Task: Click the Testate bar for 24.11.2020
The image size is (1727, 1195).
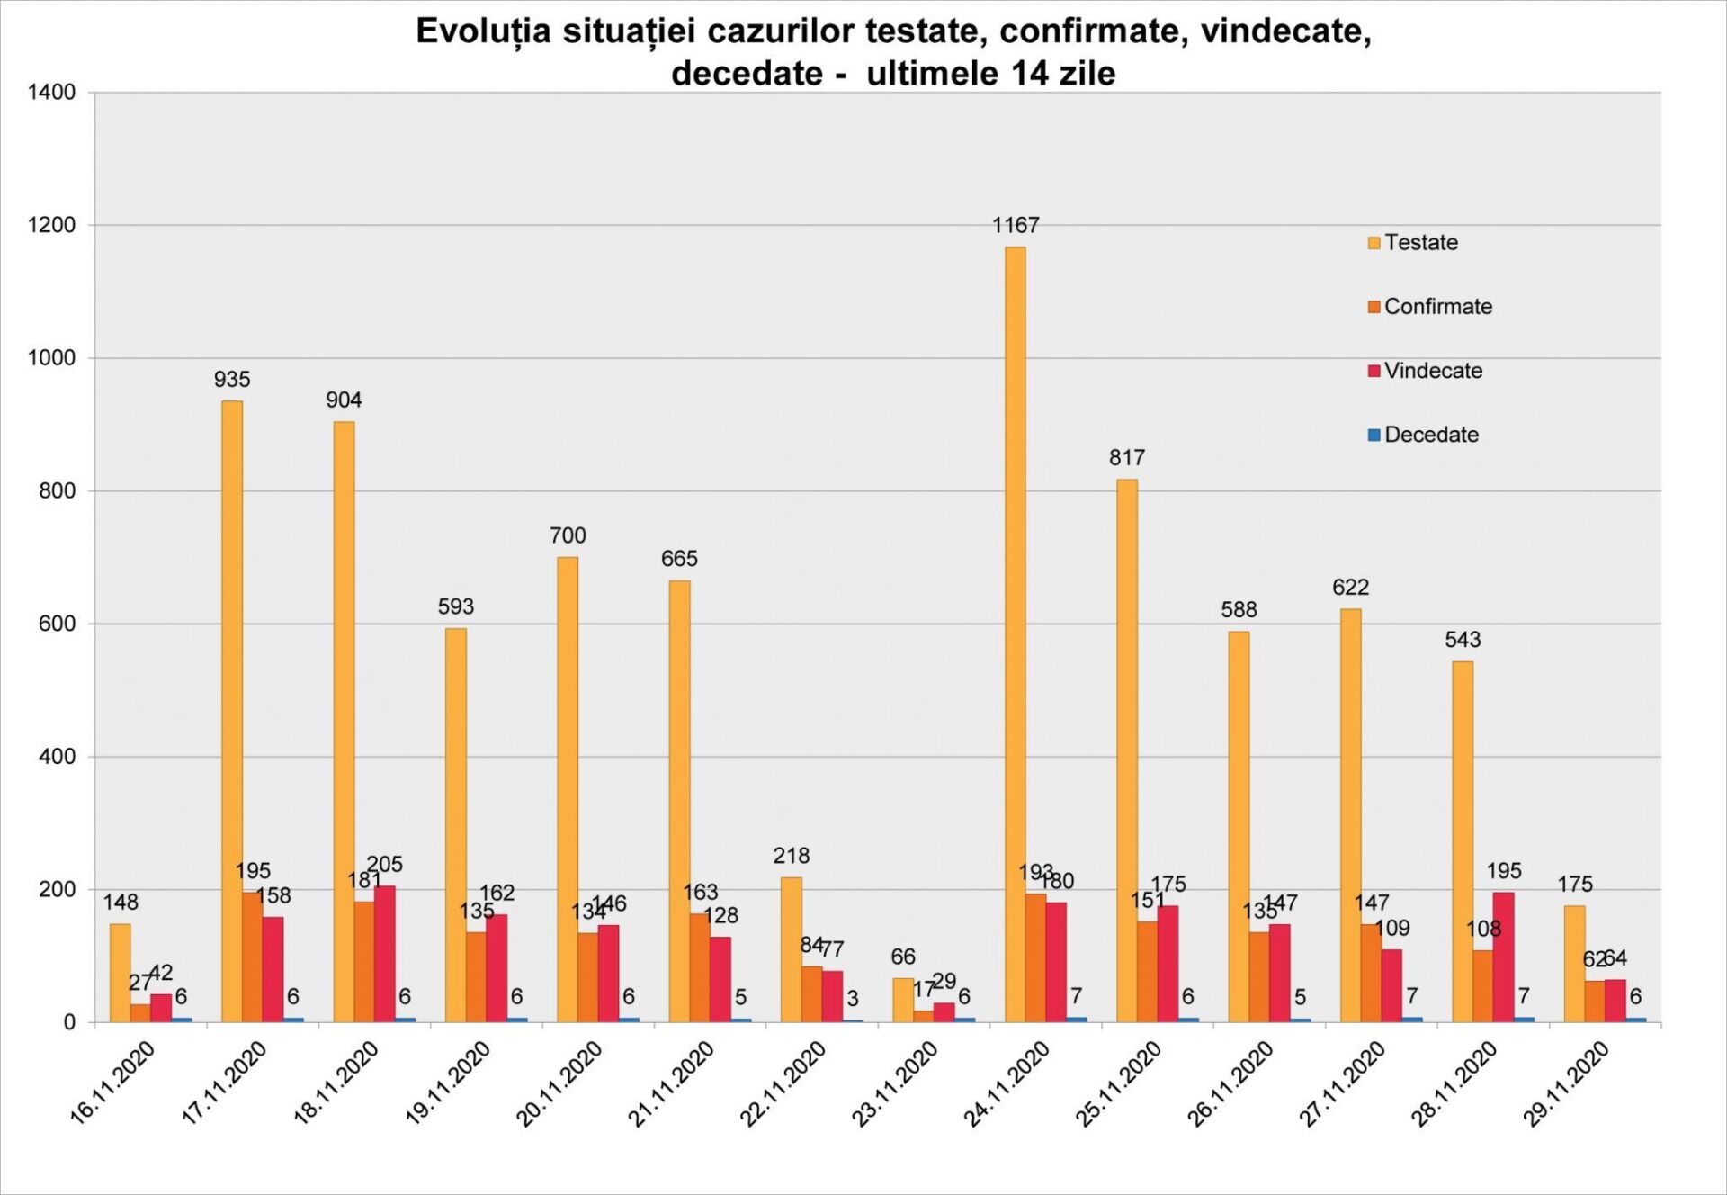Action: (1015, 634)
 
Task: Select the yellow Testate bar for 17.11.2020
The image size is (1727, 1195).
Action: (231, 711)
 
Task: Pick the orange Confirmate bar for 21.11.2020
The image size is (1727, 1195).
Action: (699, 967)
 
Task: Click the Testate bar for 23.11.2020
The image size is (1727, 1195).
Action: (903, 1000)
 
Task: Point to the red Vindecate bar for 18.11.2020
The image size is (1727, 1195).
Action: (384, 954)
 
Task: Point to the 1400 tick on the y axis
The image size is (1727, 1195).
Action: (52, 92)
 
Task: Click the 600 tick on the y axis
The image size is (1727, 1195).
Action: (58, 624)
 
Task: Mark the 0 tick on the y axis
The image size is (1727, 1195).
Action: (69, 1023)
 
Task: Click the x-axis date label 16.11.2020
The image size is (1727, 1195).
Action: (113, 1083)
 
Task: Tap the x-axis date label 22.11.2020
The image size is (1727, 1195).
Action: (783, 1083)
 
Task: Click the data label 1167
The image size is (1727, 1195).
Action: (1016, 226)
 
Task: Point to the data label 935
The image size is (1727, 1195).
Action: (232, 380)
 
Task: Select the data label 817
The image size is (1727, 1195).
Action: (1127, 458)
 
